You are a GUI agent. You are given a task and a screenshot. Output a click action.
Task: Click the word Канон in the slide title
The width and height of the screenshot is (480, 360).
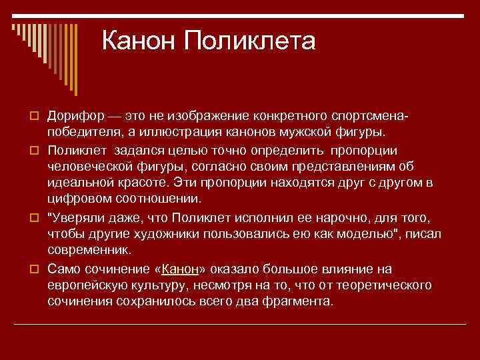(138, 40)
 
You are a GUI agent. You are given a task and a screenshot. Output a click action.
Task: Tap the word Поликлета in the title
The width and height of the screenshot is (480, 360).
(249, 40)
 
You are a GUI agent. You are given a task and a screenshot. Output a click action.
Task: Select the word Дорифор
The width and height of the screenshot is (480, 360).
(76, 116)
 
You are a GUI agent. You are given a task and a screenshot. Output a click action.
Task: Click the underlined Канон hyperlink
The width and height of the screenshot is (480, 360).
(180, 269)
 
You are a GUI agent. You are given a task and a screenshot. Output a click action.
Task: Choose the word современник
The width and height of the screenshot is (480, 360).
(89, 250)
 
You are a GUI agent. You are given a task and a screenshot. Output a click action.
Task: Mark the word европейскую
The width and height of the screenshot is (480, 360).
(87, 285)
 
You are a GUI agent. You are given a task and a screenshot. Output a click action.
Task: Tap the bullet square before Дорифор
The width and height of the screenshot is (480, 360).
(34, 116)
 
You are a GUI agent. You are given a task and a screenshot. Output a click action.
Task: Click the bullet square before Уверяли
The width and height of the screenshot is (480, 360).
(34, 218)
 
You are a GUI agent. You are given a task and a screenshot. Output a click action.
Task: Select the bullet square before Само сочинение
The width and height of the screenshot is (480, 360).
(34, 269)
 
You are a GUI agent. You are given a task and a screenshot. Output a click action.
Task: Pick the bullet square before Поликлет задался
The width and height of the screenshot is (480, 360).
(34, 151)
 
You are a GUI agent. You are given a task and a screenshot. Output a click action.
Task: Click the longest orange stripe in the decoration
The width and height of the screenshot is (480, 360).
(76, 60)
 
